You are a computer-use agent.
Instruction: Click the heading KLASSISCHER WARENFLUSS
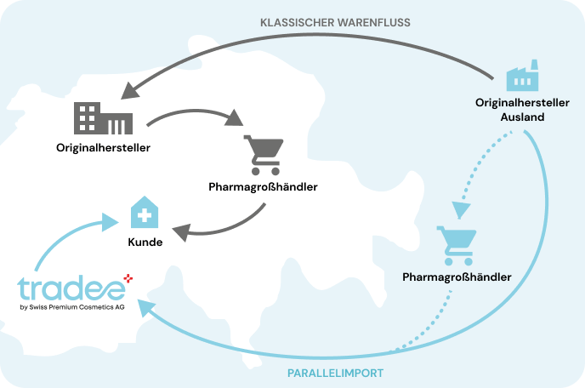click(335, 22)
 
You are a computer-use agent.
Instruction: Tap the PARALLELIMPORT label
click(335, 373)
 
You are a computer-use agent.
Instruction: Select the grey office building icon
click(103, 118)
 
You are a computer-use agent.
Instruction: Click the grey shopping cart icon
click(264, 155)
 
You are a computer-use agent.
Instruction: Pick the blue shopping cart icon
click(457, 245)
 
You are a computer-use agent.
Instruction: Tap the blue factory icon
click(522, 75)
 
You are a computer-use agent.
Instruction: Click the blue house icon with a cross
click(145, 212)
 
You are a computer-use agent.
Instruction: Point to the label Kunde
click(145, 242)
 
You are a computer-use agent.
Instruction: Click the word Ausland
click(522, 117)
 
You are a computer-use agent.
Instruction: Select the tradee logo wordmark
click(71, 288)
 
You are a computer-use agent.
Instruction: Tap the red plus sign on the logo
click(128, 278)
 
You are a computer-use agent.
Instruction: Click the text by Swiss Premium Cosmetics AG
click(72, 307)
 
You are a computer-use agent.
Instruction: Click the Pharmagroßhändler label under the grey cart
click(263, 186)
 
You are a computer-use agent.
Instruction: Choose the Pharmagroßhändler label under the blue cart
click(457, 277)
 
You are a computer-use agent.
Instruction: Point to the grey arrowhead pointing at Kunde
click(182, 232)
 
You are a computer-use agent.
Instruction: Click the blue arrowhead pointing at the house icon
click(110, 222)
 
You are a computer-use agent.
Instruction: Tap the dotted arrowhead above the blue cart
click(461, 210)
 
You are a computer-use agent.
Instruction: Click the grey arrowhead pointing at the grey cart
click(234, 118)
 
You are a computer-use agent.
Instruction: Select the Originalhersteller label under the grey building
click(103, 148)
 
